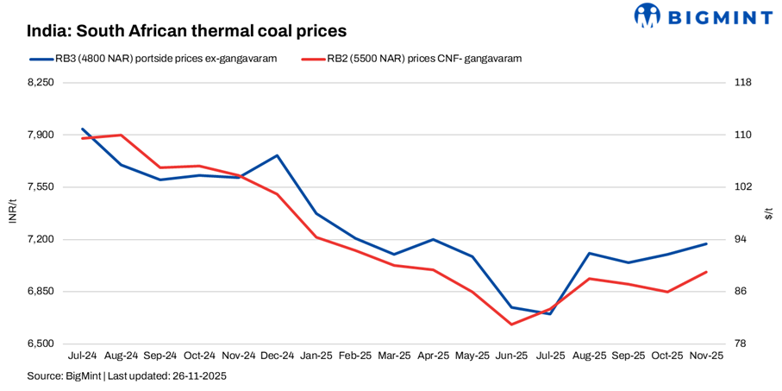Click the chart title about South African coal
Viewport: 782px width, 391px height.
click(186, 31)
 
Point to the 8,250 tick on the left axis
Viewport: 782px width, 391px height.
click(41, 83)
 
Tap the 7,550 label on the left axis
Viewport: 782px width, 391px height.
click(41, 187)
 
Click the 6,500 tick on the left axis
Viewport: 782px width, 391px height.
click(41, 344)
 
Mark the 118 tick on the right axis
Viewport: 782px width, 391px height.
click(742, 83)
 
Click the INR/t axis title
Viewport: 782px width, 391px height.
click(12, 213)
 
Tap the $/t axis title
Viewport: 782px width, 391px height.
click(768, 213)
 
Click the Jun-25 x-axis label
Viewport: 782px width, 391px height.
click(512, 356)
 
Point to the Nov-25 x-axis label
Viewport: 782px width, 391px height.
click(707, 356)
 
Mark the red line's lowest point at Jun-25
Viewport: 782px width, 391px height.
click(512, 325)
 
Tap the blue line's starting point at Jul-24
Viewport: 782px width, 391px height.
click(83, 129)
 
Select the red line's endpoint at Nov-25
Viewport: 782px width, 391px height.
click(707, 272)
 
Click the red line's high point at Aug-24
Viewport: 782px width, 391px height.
click(122, 136)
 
